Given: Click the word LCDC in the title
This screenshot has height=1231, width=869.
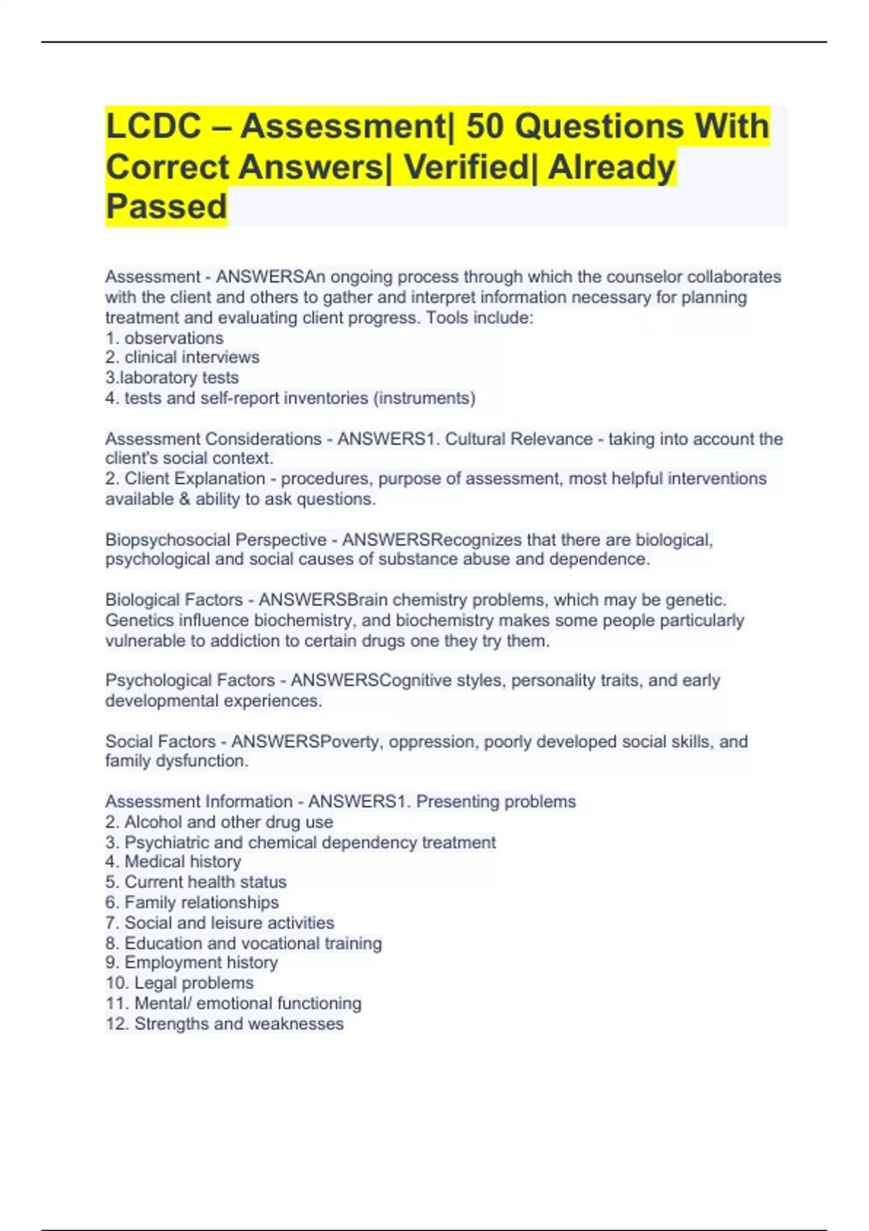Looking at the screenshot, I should click(x=153, y=127).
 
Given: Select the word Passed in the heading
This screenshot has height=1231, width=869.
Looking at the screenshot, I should click(x=167, y=206).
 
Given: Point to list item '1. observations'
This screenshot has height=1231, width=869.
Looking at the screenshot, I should click(x=164, y=338).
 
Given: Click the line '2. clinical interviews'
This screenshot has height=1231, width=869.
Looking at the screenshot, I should click(x=182, y=357).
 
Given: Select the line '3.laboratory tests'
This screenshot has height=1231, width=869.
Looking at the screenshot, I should click(x=172, y=377).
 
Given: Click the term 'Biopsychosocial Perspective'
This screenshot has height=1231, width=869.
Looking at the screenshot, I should click(x=216, y=539).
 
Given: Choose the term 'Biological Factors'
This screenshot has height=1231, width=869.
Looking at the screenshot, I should click(x=174, y=600).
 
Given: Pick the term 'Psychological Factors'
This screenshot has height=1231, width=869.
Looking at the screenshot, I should click(x=190, y=680).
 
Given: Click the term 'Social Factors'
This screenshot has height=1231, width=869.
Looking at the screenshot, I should click(x=160, y=741).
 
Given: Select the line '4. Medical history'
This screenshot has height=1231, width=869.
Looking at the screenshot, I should click(x=173, y=862).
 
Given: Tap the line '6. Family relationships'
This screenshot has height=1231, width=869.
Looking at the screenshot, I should click(x=192, y=902).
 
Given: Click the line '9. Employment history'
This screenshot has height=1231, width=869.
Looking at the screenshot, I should click(x=191, y=962).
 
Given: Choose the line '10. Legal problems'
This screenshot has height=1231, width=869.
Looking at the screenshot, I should click(x=180, y=983).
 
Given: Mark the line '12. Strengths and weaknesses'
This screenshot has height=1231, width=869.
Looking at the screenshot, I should click(x=224, y=1024).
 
